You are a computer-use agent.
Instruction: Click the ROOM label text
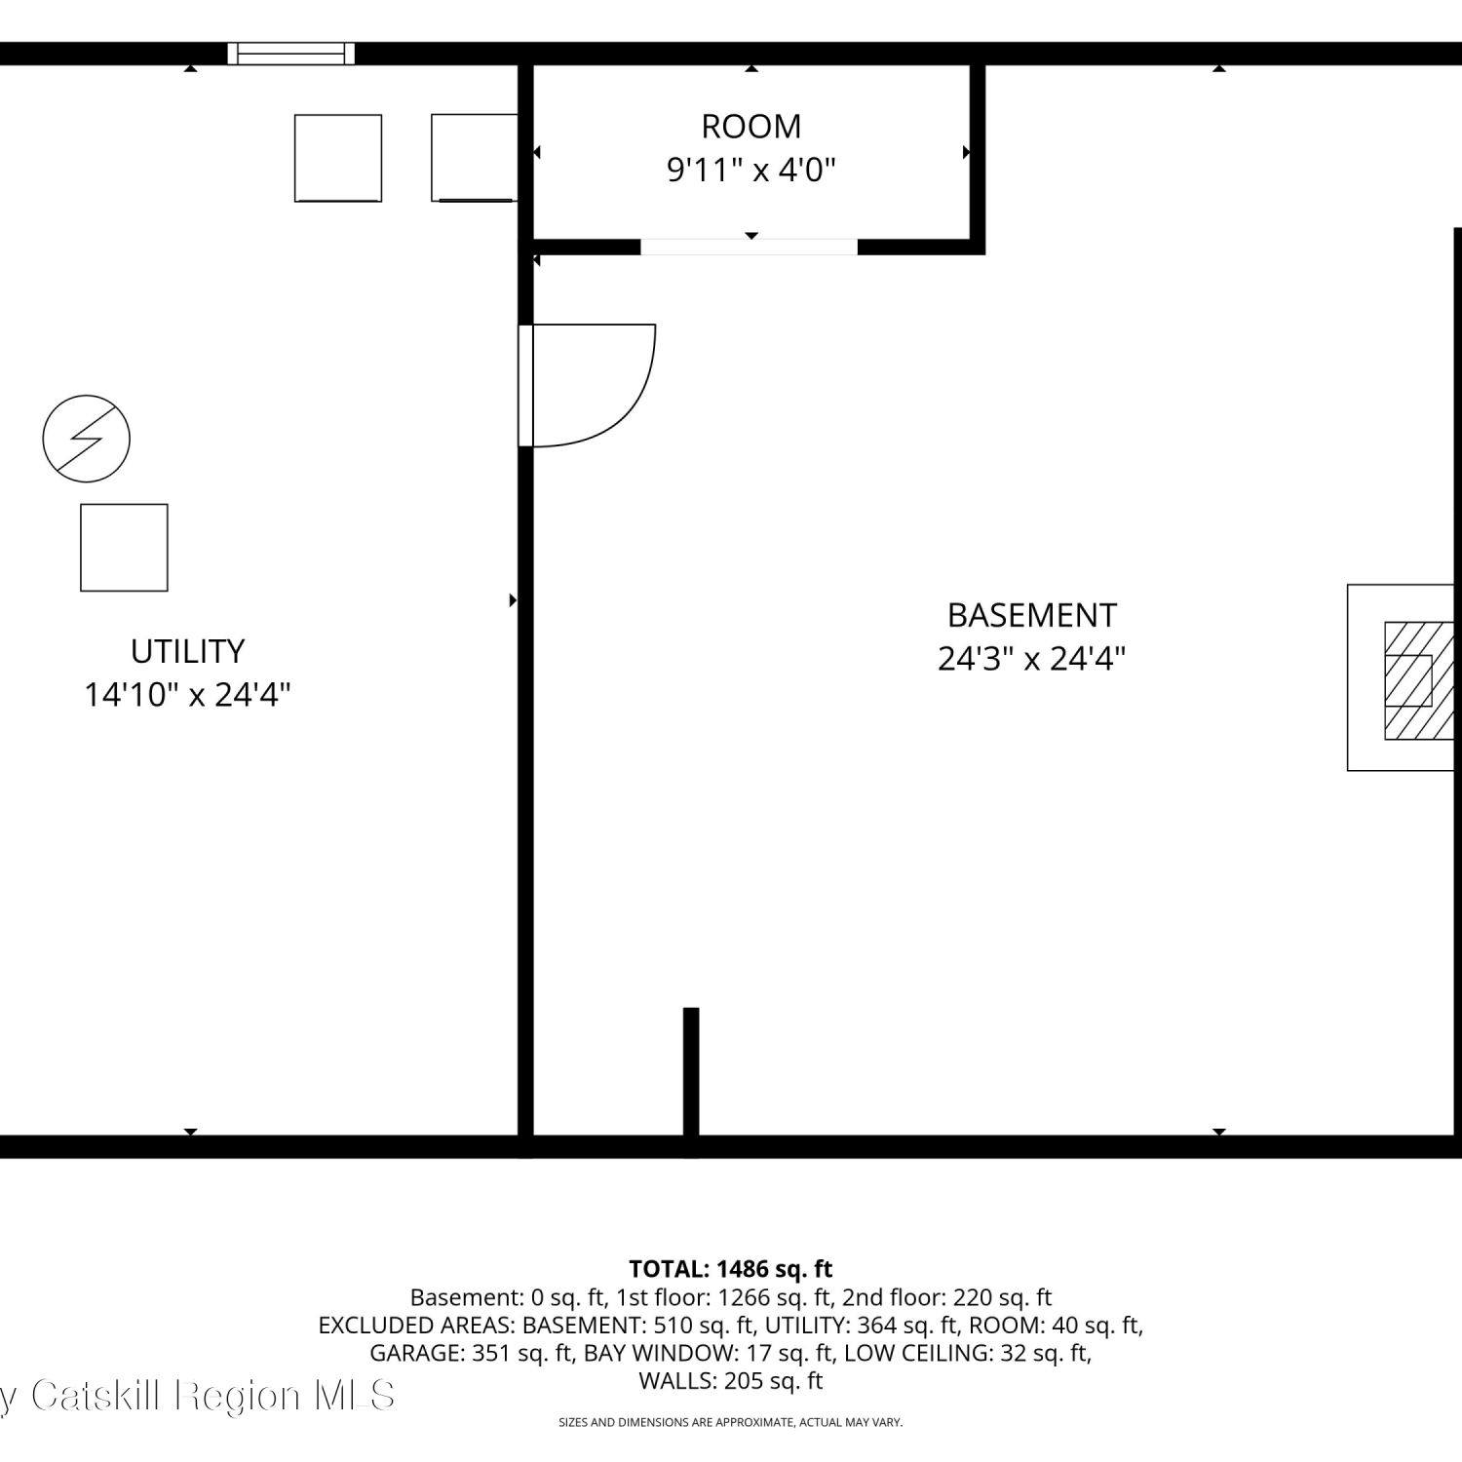coord(750,126)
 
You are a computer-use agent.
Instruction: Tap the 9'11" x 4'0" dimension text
coord(750,170)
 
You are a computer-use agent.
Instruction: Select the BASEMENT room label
coord(1032,615)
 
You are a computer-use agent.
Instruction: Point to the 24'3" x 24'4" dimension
coord(1031,659)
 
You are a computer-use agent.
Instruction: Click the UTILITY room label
coord(187,650)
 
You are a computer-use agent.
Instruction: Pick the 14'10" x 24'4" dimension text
coord(187,694)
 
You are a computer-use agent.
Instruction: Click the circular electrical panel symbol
coord(87,439)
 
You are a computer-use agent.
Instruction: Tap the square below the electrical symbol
coord(124,548)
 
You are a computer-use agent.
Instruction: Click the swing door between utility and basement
coord(586,386)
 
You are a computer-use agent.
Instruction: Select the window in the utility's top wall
coord(290,53)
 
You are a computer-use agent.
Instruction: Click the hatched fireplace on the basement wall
coord(1419,680)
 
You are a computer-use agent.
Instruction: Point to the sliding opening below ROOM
coord(749,247)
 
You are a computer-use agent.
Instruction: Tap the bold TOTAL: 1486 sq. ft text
coord(731,1269)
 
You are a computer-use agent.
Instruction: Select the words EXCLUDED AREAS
coord(416,1326)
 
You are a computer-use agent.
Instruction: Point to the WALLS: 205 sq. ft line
coord(731,1380)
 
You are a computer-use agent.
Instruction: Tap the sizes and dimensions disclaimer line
coord(731,1423)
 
